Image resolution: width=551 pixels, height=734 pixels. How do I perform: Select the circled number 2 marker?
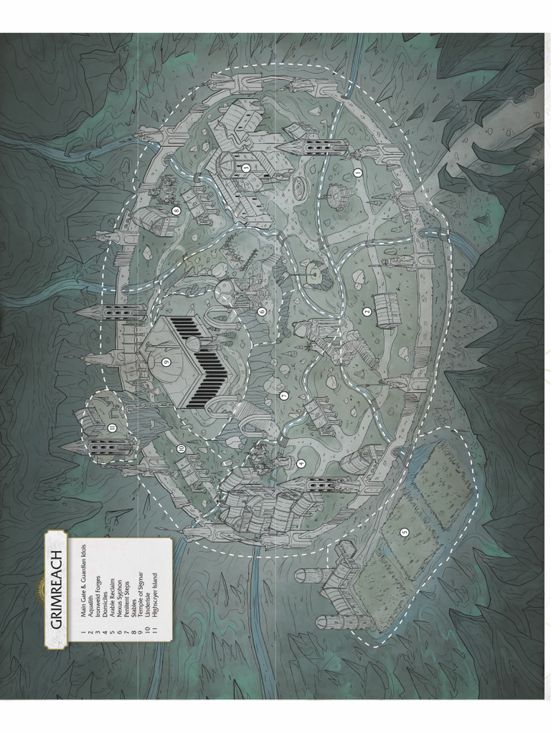coord(367,311)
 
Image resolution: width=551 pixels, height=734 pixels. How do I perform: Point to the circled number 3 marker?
coord(245,168)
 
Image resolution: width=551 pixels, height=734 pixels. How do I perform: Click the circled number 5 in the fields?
coord(404,532)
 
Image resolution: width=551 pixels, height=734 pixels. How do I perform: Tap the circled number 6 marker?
coord(262,312)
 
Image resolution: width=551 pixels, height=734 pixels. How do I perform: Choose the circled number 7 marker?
coord(284,396)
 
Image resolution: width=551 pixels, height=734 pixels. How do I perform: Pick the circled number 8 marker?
coord(176,211)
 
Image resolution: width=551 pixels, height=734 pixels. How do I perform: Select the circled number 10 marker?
coord(181,448)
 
